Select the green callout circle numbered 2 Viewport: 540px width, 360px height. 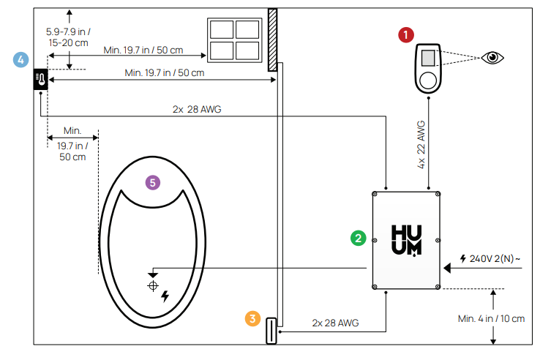point(358,238)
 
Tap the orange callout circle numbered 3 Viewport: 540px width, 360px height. point(253,318)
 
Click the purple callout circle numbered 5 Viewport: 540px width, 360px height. point(152,182)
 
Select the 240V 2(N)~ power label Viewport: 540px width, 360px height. point(491,258)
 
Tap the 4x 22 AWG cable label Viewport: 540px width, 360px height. point(421,145)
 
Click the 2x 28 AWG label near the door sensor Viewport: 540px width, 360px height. point(335,323)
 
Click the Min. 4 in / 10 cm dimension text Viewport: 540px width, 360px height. point(491,318)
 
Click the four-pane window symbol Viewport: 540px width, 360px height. point(234,40)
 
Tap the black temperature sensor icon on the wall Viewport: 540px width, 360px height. point(40,78)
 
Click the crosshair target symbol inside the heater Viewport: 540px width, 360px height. point(152,285)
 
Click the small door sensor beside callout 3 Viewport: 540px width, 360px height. point(270,331)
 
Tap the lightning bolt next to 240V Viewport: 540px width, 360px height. point(462,258)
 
